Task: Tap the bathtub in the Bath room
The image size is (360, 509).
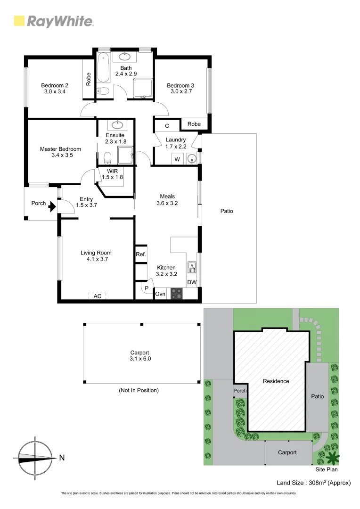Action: [x=104, y=69]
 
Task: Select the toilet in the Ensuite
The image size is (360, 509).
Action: [x=107, y=157]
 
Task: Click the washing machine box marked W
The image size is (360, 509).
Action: [x=177, y=159]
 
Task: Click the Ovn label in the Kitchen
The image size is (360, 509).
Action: [x=160, y=294]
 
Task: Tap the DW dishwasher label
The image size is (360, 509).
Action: [x=191, y=282]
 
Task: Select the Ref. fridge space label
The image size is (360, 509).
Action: [x=141, y=254]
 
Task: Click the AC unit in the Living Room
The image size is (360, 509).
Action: [x=98, y=296]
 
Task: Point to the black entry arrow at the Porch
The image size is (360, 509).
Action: [x=53, y=205]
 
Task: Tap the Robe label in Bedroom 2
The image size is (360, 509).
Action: [x=88, y=78]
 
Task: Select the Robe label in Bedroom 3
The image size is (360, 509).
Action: [x=194, y=124]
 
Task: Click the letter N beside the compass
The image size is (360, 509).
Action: [x=62, y=457]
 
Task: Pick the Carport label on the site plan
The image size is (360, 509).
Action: [x=287, y=452]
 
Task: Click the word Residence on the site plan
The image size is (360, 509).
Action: [x=276, y=381]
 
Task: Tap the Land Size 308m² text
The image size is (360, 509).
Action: [x=313, y=483]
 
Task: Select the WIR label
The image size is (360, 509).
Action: [x=112, y=171]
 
